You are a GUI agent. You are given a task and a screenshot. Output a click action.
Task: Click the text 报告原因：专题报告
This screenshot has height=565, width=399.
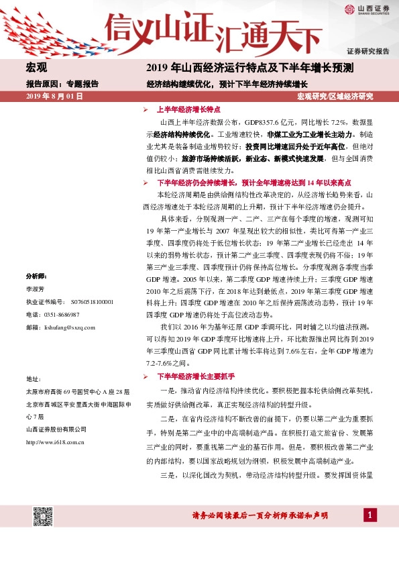(x=62, y=84)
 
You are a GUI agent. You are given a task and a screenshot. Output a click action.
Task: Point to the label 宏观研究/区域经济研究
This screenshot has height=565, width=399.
(x=335, y=97)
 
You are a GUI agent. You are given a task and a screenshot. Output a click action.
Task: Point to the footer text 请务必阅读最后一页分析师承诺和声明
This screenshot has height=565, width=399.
(x=260, y=515)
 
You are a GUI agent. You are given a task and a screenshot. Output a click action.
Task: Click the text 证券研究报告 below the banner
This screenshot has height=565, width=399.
(x=367, y=51)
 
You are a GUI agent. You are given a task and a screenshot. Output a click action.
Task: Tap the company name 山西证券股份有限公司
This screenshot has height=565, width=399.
(x=56, y=429)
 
